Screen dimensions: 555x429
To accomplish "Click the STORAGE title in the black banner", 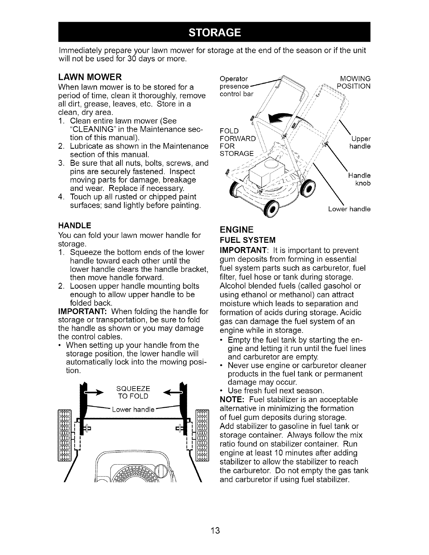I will [214, 33].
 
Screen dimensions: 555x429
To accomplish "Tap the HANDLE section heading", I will [75, 225].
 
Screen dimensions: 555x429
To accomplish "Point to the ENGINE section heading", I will [236, 230].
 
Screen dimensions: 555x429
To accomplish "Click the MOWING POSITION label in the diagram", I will [353, 82].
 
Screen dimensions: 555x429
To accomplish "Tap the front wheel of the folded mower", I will [273, 210].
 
